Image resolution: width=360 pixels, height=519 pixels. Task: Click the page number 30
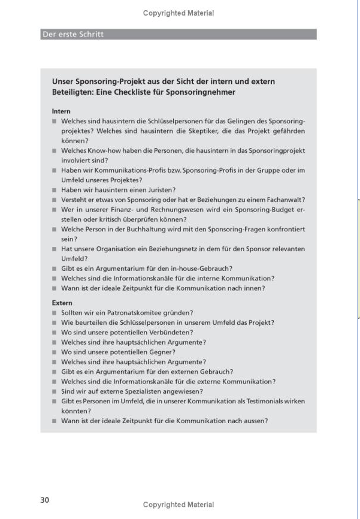point(46,500)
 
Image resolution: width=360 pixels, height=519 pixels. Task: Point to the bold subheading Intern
point(61,111)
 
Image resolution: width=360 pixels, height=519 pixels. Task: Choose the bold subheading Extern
point(62,303)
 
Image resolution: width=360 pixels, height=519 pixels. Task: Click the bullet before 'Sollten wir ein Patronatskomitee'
point(54,313)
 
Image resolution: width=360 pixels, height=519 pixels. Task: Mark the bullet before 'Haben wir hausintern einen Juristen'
point(54,190)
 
